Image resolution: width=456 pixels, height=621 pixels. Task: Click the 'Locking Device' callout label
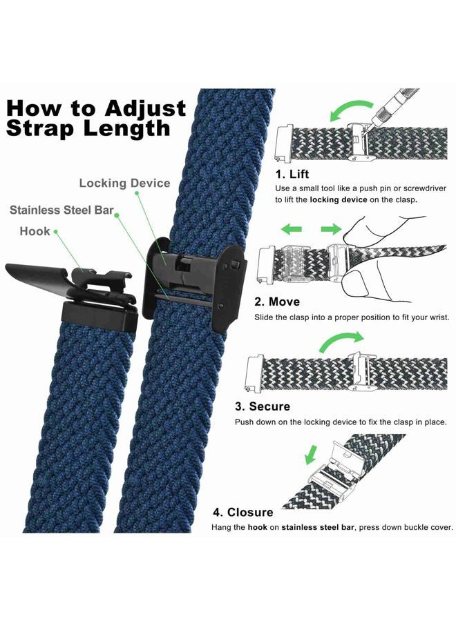click(124, 183)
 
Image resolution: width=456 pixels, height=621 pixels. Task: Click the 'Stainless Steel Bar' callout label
click(62, 209)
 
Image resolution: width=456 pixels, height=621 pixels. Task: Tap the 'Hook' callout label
click(35, 231)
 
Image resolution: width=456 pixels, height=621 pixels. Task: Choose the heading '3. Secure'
click(262, 406)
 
